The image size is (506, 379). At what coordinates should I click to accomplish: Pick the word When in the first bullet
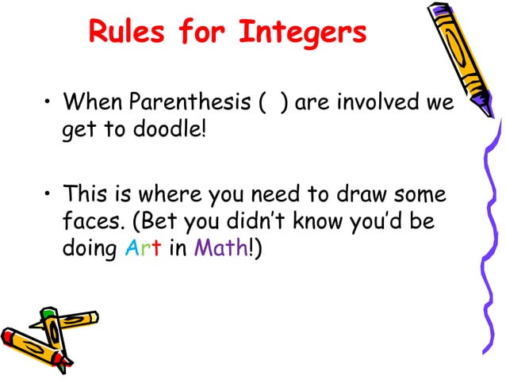pyautogui.click(x=94, y=102)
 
